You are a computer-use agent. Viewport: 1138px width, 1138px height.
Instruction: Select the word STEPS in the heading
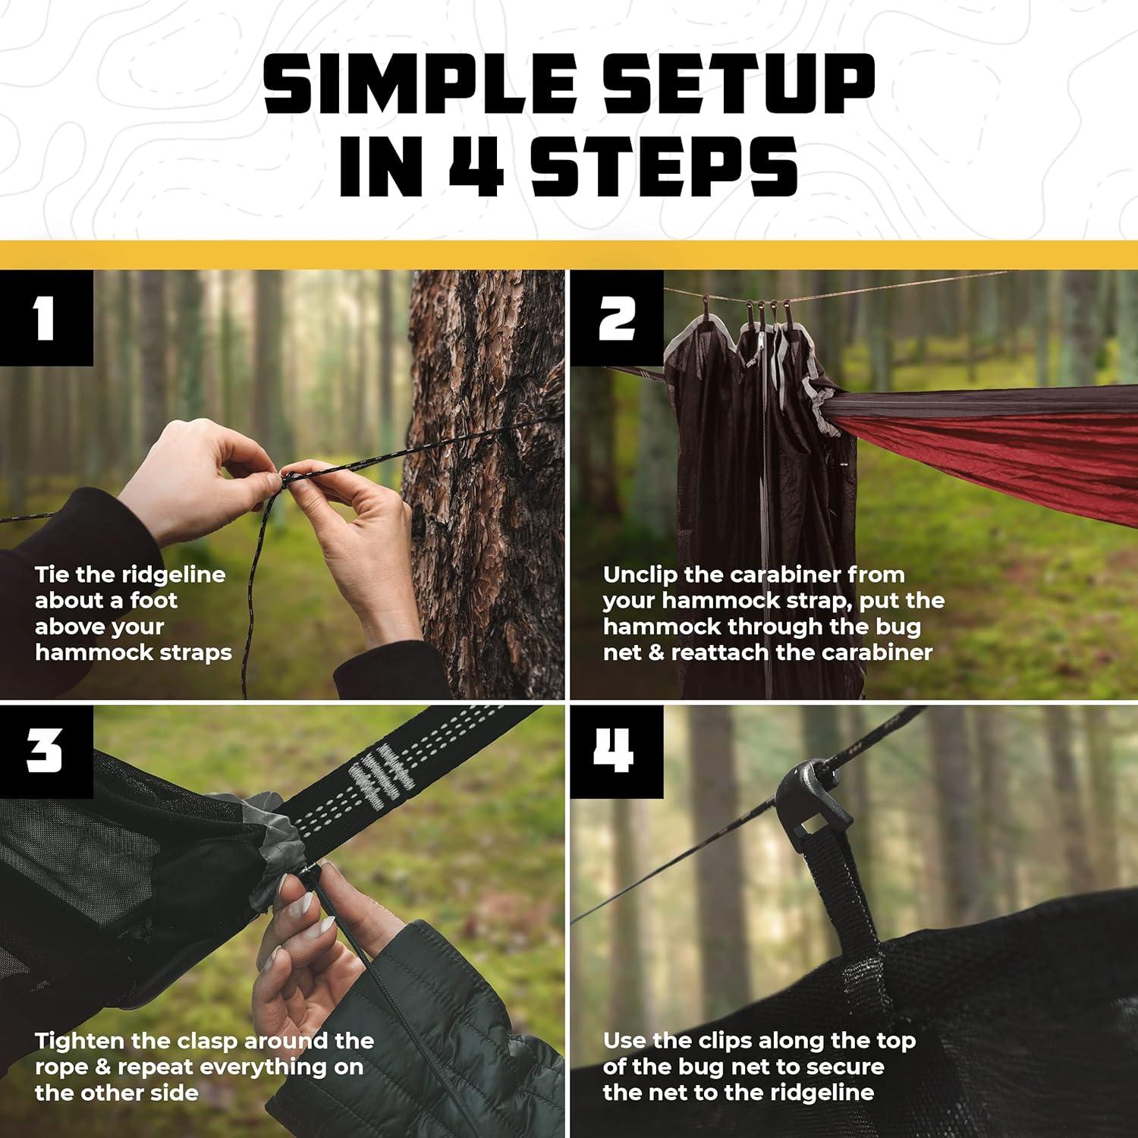[664, 167]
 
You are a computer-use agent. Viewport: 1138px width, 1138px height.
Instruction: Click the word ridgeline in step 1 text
[174, 574]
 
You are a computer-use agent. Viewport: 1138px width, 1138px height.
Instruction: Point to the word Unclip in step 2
[640, 574]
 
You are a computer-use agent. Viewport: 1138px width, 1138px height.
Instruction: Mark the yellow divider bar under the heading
[569, 255]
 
